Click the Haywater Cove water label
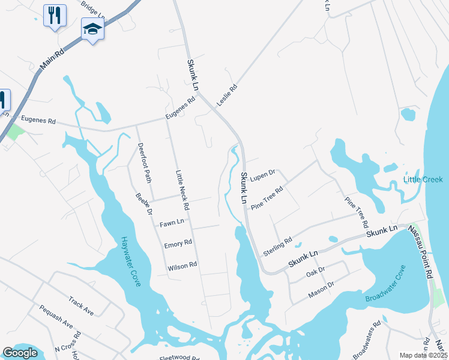click(130, 260)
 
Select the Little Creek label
click(424, 179)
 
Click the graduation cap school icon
click(92, 29)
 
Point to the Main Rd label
click(51, 61)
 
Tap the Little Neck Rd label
click(182, 190)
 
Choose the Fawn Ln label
click(172, 224)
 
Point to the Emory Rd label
click(178, 244)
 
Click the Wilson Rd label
click(182, 265)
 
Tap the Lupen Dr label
click(262, 176)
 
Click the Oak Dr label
click(315, 272)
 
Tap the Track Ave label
click(81, 305)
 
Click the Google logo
click(20, 353)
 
